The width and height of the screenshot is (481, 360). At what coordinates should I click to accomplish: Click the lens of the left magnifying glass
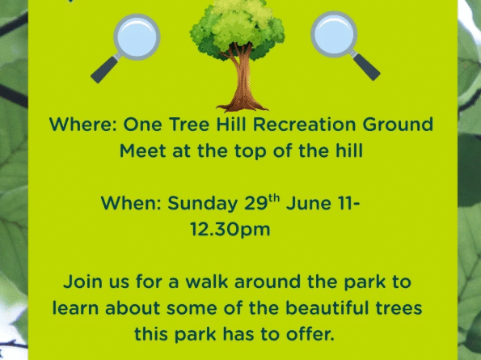click(137, 37)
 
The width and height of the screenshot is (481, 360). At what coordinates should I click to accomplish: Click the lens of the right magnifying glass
click(334, 34)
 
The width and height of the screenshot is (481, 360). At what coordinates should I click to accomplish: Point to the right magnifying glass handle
click(366, 66)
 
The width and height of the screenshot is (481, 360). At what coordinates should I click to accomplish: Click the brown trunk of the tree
click(242, 83)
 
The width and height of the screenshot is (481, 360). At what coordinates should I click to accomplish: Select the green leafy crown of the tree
click(237, 28)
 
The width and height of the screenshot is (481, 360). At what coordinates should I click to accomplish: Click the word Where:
click(82, 125)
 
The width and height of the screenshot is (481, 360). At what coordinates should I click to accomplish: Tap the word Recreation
click(304, 125)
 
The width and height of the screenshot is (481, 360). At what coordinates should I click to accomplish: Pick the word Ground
click(398, 125)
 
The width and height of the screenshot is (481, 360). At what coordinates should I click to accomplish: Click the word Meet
click(142, 150)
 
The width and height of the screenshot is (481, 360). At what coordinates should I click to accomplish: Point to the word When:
click(131, 203)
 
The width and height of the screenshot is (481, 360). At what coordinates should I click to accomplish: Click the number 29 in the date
click(256, 203)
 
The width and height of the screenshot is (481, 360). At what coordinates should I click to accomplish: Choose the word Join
click(82, 282)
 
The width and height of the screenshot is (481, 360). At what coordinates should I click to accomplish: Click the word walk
click(207, 282)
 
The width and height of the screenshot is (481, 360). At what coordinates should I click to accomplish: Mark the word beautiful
click(327, 308)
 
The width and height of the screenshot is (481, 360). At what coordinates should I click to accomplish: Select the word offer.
click(310, 334)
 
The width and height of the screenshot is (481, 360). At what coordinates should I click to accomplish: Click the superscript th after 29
click(274, 198)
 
